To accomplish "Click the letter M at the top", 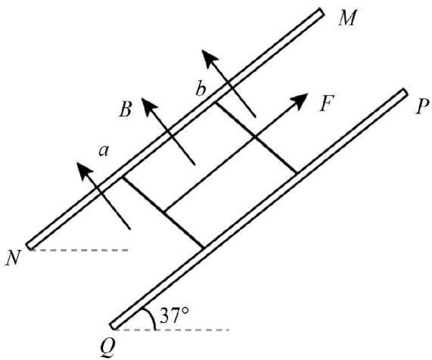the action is click(348, 18).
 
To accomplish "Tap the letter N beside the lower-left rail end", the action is click(13, 258).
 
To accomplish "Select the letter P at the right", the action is click(422, 107).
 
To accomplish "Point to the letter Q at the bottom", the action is click(107, 347).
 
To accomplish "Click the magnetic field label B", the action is click(126, 110).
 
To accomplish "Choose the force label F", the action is click(327, 104).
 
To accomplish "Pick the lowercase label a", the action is click(104, 151).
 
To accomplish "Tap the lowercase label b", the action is click(200, 88).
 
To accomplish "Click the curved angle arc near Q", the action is click(151, 317).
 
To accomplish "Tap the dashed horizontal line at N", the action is click(79, 250).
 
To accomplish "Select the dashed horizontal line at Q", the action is click(172, 330).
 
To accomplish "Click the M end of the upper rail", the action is click(321, 12).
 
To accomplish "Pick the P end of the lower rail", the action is click(403, 92).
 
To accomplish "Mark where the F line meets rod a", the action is click(164, 212).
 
